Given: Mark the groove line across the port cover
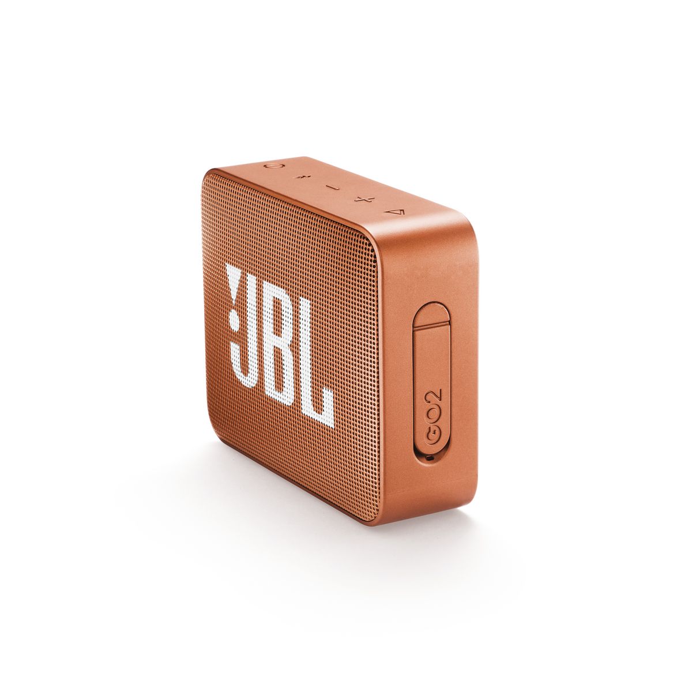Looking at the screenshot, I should click(431, 326).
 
